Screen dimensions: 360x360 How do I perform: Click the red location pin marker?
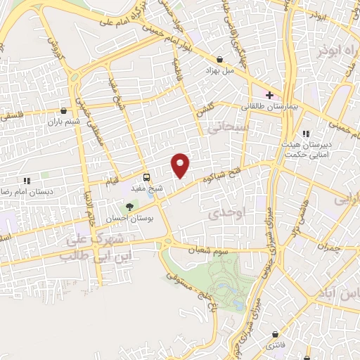click(x=181, y=165)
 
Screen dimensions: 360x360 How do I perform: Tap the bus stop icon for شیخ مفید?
click(x=146, y=178)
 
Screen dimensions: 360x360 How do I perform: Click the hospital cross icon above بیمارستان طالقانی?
click(x=269, y=94)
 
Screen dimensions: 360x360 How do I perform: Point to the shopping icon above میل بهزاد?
click(x=221, y=60)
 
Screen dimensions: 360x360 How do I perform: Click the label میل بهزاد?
click(x=218, y=72)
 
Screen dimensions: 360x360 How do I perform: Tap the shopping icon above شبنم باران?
click(x=64, y=110)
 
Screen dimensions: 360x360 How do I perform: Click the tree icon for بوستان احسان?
click(x=129, y=207)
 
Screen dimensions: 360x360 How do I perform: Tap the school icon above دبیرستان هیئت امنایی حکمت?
click(x=305, y=134)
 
